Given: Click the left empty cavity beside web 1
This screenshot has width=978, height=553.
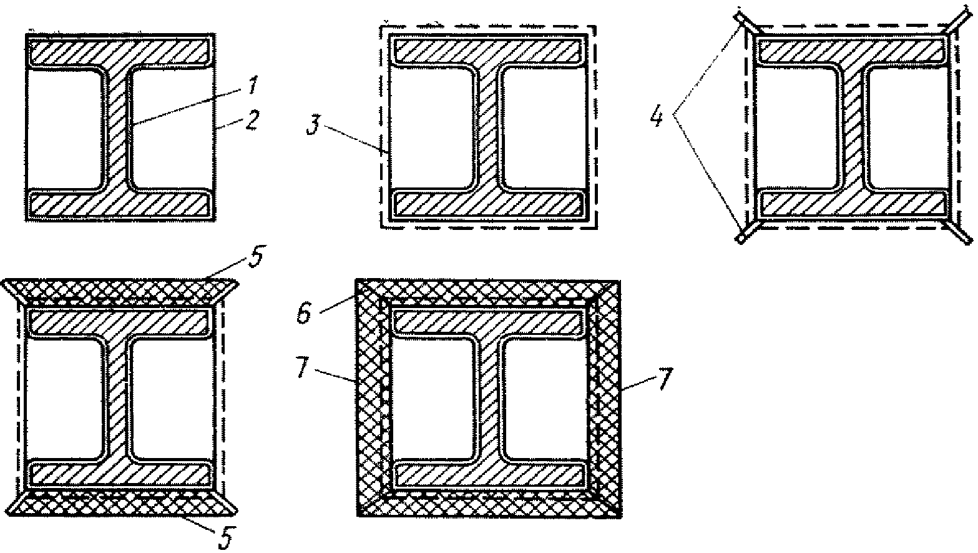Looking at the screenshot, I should click(64, 127).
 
